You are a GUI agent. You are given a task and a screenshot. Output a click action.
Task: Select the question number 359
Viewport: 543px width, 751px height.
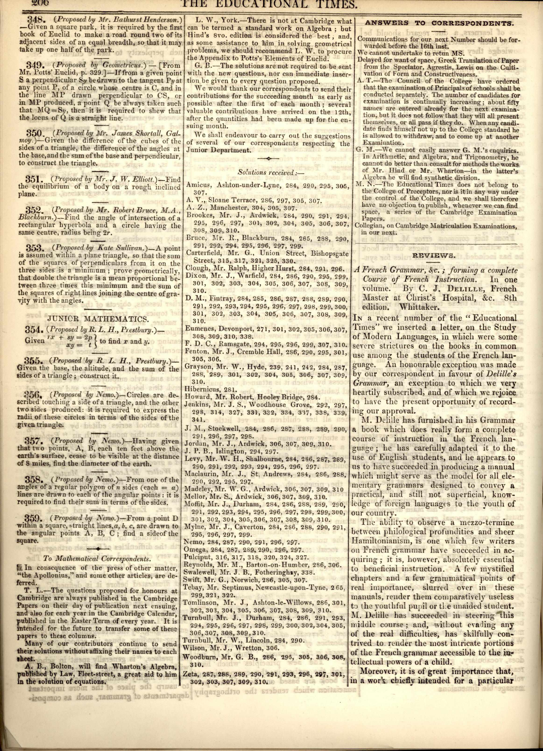(x=34, y=518)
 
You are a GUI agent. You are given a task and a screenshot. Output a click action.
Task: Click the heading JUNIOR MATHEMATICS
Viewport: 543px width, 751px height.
(x=98, y=319)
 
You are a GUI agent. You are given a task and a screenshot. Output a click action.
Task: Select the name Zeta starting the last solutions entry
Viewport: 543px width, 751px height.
(x=191, y=674)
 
